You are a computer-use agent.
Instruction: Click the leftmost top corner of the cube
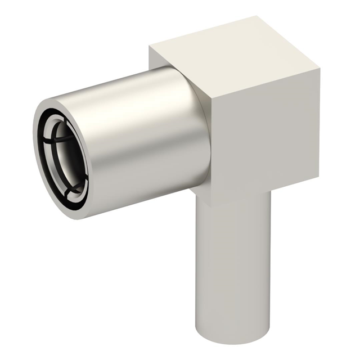coord(150,46)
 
